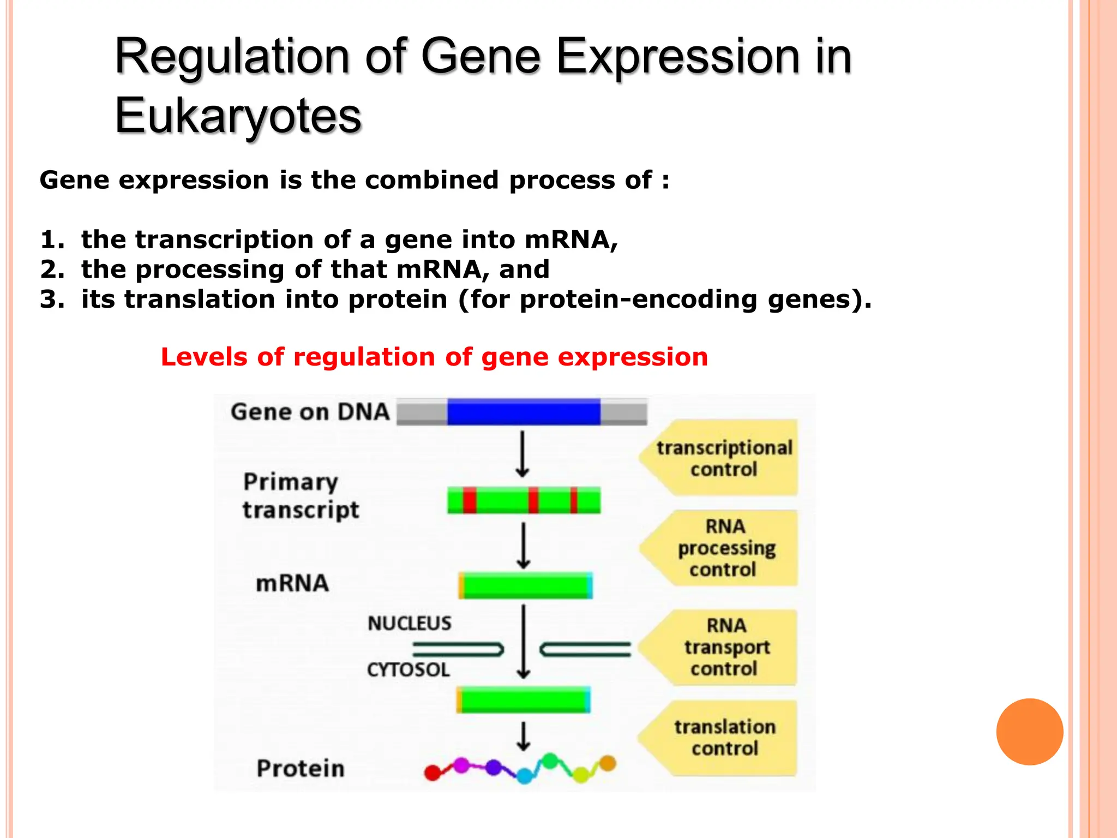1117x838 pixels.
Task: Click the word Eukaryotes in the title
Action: pos(238,116)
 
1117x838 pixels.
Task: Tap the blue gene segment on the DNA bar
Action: pos(524,412)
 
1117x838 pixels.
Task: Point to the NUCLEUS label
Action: pos(409,623)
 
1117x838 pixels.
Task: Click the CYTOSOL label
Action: pos(408,669)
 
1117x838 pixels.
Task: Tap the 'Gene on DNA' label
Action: pos(310,412)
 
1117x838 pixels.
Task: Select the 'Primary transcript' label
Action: pos(300,496)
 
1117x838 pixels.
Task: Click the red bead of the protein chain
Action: pos(433,773)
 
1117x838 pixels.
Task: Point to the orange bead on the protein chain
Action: pos(608,763)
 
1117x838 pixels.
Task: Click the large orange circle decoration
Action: pos(1029,732)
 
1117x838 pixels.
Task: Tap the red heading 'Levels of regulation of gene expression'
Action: pos(434,357)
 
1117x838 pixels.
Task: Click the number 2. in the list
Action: pos(52,270)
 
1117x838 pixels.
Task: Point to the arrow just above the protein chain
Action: pos(524,737)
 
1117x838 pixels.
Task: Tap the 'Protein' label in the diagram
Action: pos(301,768)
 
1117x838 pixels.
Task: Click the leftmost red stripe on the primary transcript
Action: pos(470,500)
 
